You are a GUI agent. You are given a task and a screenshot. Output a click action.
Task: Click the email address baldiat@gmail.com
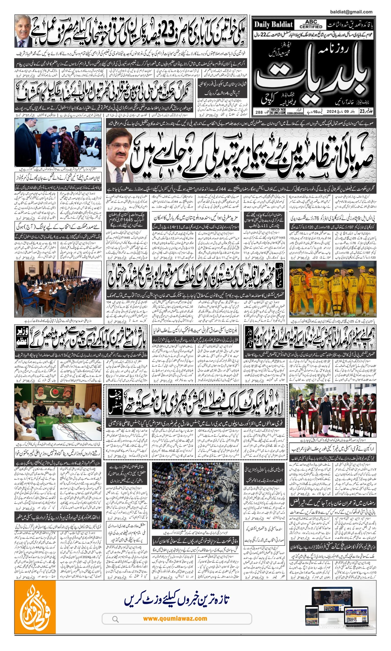pos(351,12)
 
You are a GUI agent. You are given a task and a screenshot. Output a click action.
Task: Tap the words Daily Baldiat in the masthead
pos(273,25)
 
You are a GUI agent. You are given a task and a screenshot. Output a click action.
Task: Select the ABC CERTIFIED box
pos(311,24)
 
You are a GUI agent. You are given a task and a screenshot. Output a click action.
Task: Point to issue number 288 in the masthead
pos(259,112)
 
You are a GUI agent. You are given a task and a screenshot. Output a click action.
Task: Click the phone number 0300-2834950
pos(295,113)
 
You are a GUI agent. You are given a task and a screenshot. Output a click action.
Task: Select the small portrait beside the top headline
pos(23,31)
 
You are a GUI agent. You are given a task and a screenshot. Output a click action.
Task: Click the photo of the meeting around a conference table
pos(58,289)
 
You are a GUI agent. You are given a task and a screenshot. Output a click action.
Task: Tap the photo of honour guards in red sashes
pos(332,410)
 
